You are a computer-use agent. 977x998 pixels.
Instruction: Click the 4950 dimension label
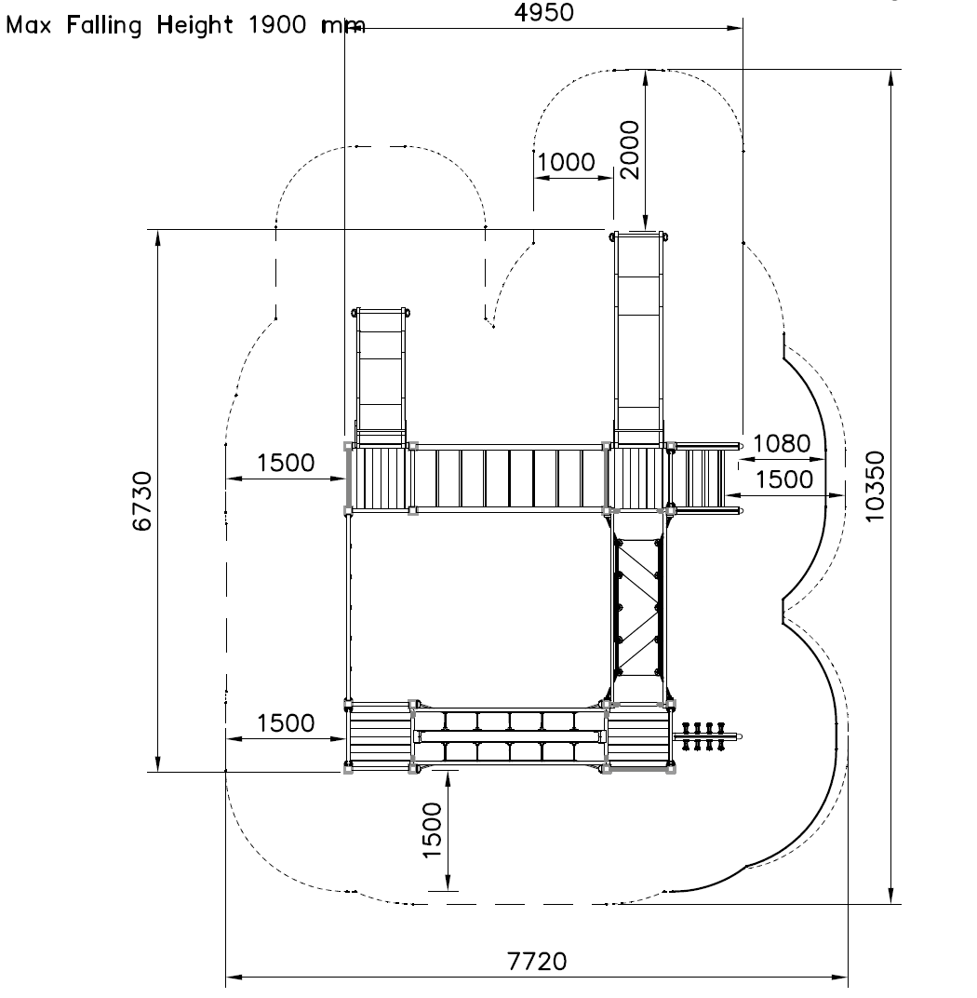click(543, 13)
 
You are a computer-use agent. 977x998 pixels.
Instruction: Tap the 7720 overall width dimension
click(537, 961)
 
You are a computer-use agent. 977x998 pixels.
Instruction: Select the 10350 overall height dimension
click(876, 486)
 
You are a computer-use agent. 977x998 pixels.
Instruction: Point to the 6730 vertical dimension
click(142, 501)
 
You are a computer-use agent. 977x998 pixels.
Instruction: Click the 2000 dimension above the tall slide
click(629, 150)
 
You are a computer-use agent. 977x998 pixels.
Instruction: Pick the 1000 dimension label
click(567, 162)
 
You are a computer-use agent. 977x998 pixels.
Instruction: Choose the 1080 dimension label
click(782, 444)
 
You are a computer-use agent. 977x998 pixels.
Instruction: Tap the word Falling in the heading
click(104, 25)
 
